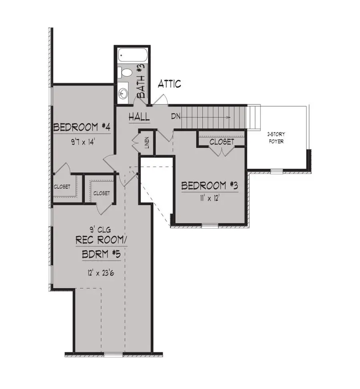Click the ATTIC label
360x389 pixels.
[170, 84]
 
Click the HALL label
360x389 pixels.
[139, 117]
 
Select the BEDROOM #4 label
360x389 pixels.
[82, 128]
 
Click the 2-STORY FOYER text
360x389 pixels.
[276, 138]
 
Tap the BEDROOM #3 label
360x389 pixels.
[210, 186]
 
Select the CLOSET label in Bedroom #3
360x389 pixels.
[222, 142]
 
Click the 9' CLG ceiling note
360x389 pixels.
[100, 229]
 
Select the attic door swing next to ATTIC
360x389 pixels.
[160, 100]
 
